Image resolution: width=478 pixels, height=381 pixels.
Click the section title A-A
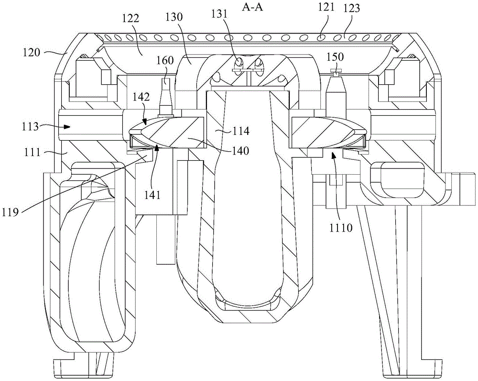[x=252, y=7]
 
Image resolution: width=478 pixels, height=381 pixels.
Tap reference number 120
[x=32, y=52]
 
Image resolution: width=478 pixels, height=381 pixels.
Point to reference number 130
[x=174, y=17]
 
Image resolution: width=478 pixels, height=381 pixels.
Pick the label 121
[x=326, y=7]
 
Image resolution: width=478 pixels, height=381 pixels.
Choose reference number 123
[x=351, y=8]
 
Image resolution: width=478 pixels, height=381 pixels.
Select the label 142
[x=141, y=97]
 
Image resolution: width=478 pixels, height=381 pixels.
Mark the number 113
[x=30, y=126]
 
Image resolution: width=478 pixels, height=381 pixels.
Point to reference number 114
[x=241, y=132]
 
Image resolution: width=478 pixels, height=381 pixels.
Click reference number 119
[x=11, y=211]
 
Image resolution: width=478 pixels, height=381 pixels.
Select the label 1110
[x=341, y=227]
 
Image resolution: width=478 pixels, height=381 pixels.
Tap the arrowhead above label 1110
[x=333, y=157]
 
